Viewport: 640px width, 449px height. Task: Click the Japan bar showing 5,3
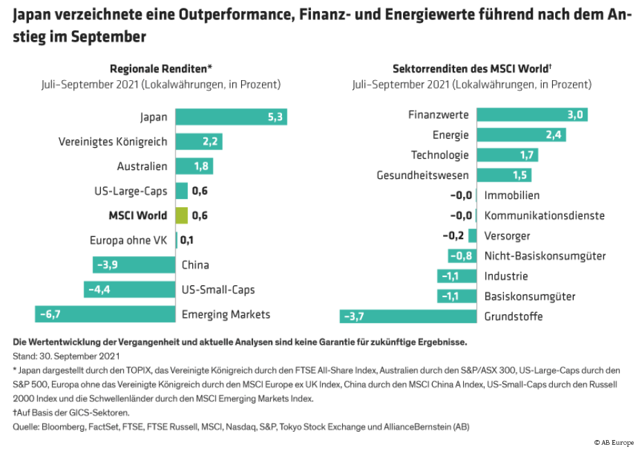click(231, 117)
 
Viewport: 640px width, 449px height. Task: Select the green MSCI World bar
click(182, 216)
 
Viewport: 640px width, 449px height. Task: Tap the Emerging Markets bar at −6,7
click(105, 314)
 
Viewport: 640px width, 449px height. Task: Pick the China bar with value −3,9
click(134, 265)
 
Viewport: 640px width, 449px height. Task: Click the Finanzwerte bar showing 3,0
click(531, 115)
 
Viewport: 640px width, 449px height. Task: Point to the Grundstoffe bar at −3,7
click(408, 316)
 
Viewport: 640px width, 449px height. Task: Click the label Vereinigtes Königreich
click(113, 142)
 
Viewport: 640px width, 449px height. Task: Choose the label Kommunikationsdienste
click(544, 216)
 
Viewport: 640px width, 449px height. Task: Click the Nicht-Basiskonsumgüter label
click(545, 256)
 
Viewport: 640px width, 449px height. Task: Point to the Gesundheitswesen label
click(422, 175)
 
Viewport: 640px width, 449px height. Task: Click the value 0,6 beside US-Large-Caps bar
click(199, 191)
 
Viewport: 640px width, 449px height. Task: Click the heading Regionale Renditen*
click(161, 68)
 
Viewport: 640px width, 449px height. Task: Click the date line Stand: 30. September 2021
click(66, 356)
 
